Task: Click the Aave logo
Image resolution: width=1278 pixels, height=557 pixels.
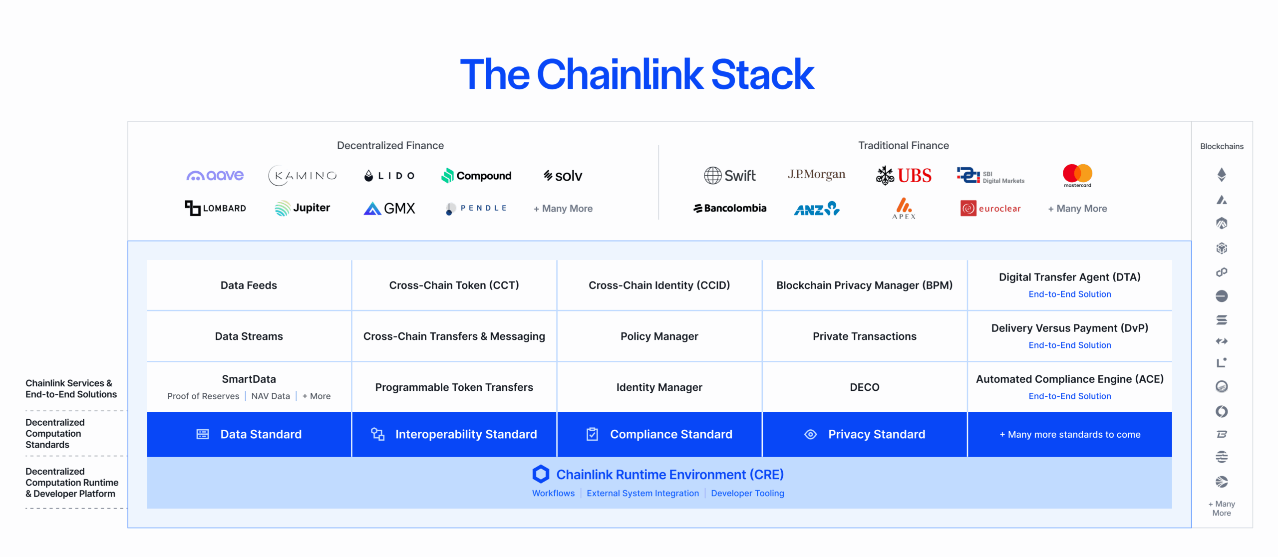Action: (215, 175)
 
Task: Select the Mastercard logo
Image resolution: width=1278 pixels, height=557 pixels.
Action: (1077, 175)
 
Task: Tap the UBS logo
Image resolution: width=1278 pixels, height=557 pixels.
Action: (904, 175)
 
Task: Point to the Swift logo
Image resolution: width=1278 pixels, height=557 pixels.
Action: (729, 175)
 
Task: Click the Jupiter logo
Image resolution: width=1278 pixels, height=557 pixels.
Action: (302, 208)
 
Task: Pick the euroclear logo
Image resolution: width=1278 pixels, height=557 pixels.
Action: (990, 208)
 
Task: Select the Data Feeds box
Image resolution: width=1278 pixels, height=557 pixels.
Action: (249, 285)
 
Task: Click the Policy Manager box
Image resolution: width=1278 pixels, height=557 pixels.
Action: (659, 336)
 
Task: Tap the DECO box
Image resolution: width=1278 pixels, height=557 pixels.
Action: (864, 387)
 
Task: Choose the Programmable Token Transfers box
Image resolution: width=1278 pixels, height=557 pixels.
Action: (454, 387)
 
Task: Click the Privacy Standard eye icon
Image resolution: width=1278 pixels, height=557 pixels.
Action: (810, 434)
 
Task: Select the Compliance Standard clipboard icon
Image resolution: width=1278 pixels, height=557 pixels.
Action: (592, 434)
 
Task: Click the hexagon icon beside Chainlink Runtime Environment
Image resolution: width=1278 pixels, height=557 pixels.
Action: (541, 474)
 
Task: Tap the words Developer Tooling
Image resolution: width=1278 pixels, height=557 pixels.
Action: (747, 493)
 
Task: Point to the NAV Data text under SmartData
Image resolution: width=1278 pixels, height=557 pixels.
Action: (270, 396)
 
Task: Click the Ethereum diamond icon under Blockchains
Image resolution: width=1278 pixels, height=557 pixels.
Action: (1222, 174)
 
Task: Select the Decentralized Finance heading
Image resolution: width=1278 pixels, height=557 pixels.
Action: (390, 145)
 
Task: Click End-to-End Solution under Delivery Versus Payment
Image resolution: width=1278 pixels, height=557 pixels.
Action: (1069, 345)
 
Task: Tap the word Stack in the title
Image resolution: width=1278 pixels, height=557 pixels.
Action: (762, 75)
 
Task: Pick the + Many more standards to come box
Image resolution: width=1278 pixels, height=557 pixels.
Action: (1069, 434)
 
